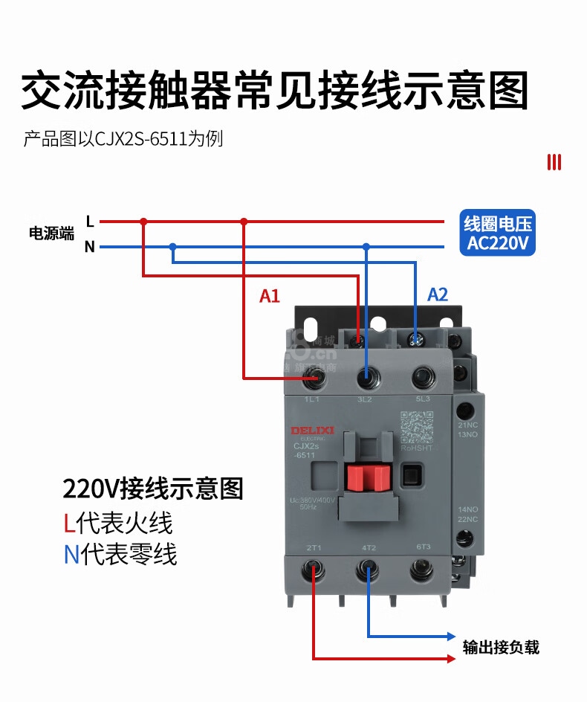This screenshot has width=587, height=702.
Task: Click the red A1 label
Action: [x=269, y=296]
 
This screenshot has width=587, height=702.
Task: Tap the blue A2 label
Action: [x=438, y=294]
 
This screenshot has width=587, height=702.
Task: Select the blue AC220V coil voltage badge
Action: [x=497, y=233]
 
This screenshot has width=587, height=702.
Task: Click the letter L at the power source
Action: [x=90, y=221]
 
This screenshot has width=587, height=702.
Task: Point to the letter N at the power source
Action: [x=90, y=247]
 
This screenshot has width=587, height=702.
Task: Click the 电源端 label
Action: [x=51, y=234]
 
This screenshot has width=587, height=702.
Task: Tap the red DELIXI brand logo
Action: [x=312, y=431]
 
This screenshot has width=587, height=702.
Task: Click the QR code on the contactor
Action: [x=416, y=426]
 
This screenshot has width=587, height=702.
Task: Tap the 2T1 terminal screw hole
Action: [x=314, y=571]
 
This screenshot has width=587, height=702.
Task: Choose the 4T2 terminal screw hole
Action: [x=368, y=571]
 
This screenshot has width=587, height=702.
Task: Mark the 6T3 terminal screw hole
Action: [x=422, y=571]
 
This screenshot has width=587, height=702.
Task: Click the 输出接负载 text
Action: [x=500, y=647]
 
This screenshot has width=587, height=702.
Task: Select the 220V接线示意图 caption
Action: [x=153, y=489]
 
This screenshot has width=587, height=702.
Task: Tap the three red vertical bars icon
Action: [x=554, y=162]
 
